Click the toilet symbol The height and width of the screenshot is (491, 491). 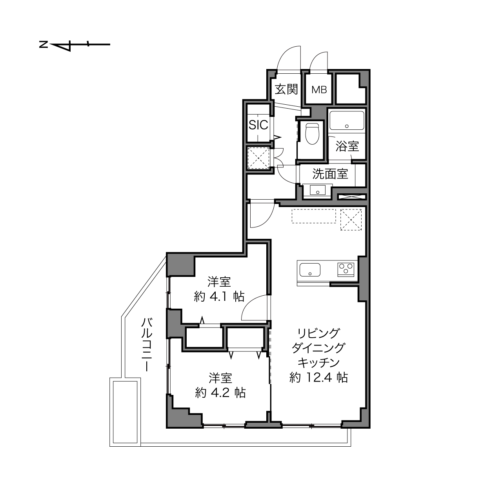pos(312,133)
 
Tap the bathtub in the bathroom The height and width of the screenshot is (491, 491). pos(347,120)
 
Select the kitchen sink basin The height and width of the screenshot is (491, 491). pos(310,269)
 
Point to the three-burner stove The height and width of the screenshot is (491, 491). pos(346,269)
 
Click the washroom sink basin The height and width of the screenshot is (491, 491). pos(318,190)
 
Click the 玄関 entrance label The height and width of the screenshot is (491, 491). pos(286,89)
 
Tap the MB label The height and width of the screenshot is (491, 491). pos(319,90)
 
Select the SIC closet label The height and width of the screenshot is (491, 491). pos(258,125)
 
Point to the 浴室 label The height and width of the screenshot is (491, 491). pos(347,146)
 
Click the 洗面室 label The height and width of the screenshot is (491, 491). pos(330,174)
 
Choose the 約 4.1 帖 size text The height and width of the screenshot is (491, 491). pos(219,296)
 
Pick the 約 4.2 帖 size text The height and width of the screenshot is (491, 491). pos(220,393)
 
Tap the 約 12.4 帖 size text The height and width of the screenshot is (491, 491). pos(318,377)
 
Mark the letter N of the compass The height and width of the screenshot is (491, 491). pos(44,44)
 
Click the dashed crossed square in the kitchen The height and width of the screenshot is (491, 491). pos(351,220)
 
